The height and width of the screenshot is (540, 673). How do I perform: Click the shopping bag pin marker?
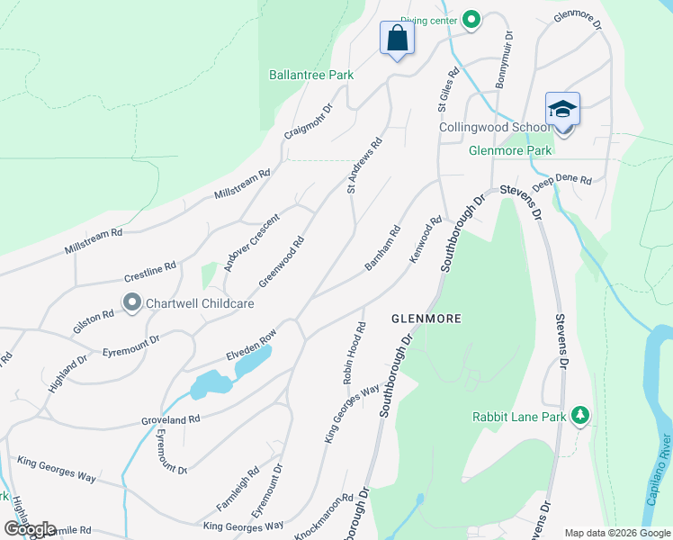(396, 39)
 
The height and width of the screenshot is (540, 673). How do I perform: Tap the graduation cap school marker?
(562, 110)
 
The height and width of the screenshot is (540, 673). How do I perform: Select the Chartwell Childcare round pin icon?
(132, 303)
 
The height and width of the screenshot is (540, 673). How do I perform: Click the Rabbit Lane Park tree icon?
(581, 414)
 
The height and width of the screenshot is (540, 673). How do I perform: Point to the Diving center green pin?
(471, 20)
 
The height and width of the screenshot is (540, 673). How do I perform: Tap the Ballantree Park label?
(311, 76)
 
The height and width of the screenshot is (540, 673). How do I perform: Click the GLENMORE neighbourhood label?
(426, 319)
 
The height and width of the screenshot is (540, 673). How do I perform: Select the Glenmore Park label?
(510, 151)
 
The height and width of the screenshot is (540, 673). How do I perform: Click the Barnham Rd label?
(382, 248)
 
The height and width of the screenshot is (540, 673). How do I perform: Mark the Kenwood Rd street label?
(426, 238)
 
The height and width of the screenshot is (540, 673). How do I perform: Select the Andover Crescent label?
(252, 241)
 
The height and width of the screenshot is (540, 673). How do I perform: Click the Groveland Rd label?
(169, 419)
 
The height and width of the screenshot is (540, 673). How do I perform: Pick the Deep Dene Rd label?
(561, 180)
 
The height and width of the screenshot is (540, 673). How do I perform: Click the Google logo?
(30, 528)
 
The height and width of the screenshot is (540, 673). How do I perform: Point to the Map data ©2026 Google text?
(617, 533)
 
